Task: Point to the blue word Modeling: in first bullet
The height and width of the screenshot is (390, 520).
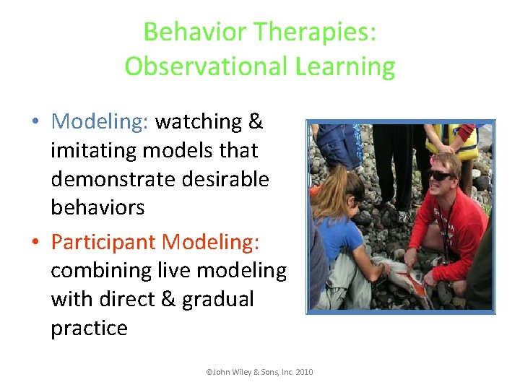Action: [100, 121]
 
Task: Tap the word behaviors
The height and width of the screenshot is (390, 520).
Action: [97, 207]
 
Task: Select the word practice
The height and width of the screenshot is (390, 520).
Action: [89, 328]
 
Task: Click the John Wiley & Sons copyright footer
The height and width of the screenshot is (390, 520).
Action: [259, 372]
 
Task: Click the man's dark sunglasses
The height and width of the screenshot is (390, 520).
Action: [441, 175]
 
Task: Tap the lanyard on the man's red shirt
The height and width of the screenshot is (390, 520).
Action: [447, 224]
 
